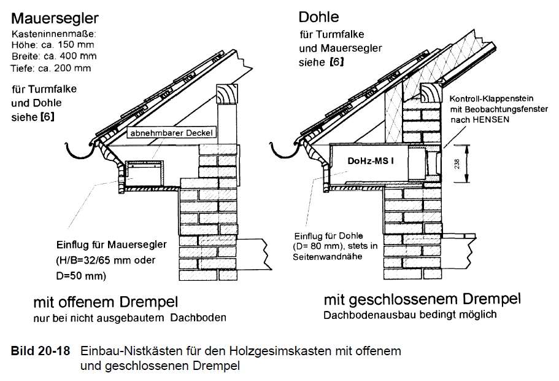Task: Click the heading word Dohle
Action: (x=319, y=17)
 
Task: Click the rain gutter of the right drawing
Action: (x=282, y=149)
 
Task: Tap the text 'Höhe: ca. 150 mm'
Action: (x=48, y=45)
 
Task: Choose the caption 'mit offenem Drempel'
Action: (x=106, y=302)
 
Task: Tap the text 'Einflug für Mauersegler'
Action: (x=113, y=245)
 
